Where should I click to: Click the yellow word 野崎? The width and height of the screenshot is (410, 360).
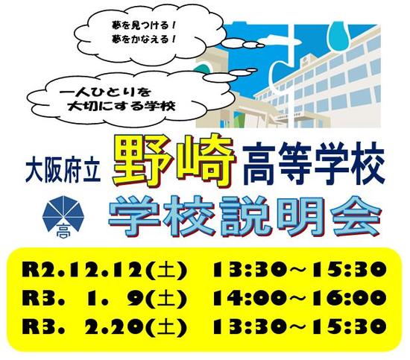pyautogui.click(x=174, y=160)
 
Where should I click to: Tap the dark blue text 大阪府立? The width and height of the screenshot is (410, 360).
pyautogui.click(x=63, y=171)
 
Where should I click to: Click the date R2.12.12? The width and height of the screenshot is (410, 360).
pyautogui.click(x=83, y=270)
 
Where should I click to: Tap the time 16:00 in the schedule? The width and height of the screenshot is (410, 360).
pyautogui.click(x=350, y=298)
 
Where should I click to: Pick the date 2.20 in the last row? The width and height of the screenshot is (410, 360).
pyautogui.click(x=115, y=326)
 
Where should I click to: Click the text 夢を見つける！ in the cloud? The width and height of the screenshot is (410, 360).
pyautogui.click(x=144, y=26)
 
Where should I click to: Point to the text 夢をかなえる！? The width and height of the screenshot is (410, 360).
pyautogui.click(x=144, y=40)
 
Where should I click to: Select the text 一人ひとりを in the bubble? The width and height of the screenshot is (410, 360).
pyautogui.click(x=105, y=92)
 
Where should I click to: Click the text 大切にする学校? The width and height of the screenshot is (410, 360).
pyautogui.click(x=121, y=106)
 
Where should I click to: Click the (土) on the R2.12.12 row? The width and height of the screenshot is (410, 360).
pyautogui.click(x=166, y=270)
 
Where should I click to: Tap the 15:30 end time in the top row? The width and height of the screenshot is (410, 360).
pyautogui.click(x=350, y=270)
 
